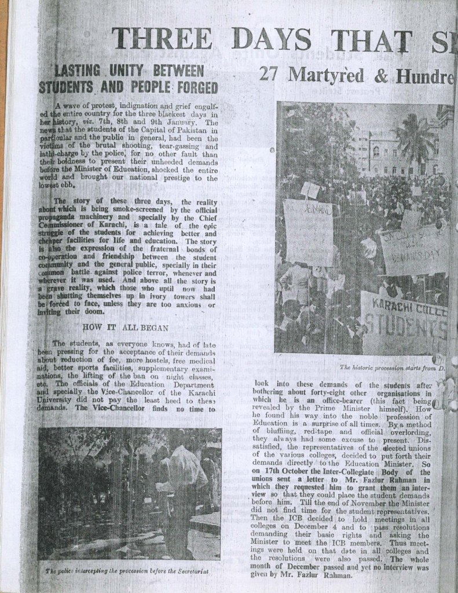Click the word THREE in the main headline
(x=162, y=38)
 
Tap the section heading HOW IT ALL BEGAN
(x=128, y=327)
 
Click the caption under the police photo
(x=126, y=572)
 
